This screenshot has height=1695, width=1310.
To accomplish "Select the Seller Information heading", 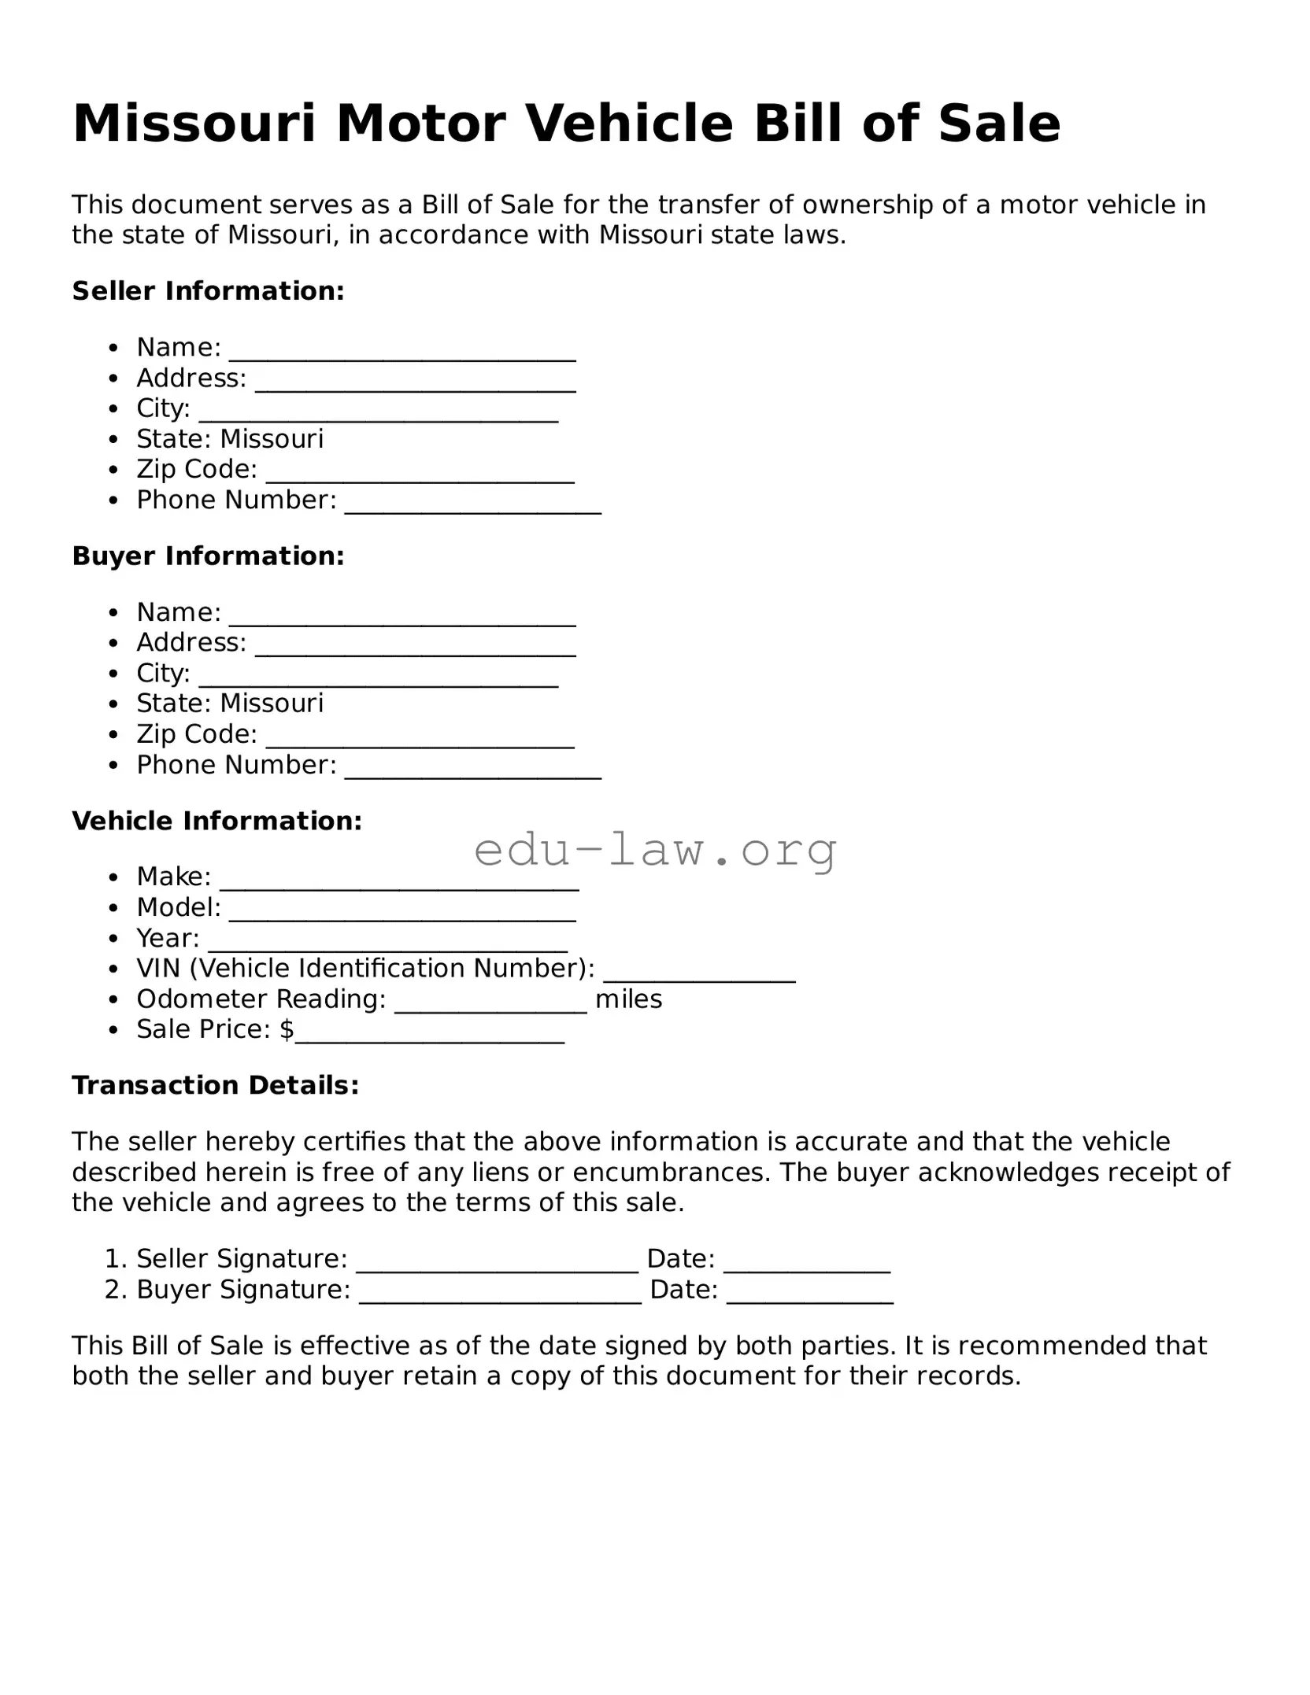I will click(208, 291).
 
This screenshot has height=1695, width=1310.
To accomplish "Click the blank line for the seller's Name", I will click(402, 353).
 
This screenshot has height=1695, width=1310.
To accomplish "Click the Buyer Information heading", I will click(208, 556).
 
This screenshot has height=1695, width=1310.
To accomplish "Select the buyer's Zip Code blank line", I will click(420, 740).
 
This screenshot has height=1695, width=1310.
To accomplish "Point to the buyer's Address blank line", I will click(415, 648).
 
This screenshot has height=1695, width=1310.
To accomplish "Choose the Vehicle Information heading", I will click(216, 821).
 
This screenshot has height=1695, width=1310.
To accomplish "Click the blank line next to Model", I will click(402, 913).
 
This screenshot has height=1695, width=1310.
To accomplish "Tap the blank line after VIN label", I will click(699, 974).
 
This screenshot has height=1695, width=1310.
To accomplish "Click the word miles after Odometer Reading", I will click(628, 999).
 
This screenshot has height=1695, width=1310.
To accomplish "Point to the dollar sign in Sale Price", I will click(287, 1029).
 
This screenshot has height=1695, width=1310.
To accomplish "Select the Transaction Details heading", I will click(215, 1086).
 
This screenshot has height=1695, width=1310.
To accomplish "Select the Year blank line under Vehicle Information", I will click(387, 944).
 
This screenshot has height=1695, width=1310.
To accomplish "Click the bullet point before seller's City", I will click(115, 409).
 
